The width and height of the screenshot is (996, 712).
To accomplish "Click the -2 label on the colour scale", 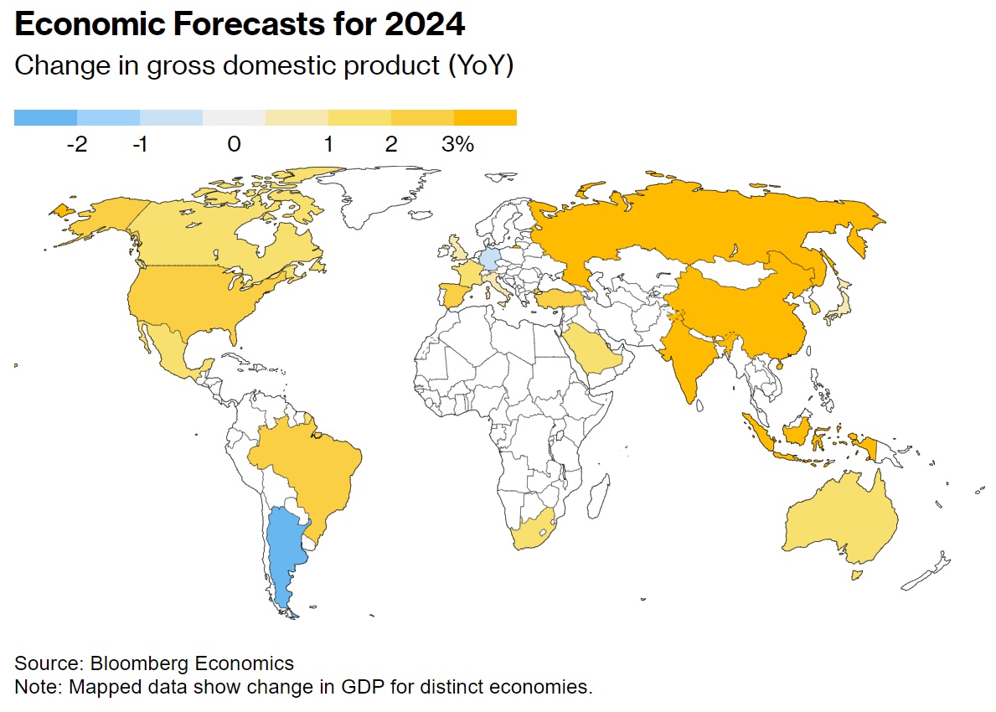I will pyautogui.click(x=76, y=145).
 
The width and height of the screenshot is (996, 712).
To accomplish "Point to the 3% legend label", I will pyautogui.click(x=457, y=145).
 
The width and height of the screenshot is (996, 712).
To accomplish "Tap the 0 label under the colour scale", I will pyautogui.click(x=234, y=145).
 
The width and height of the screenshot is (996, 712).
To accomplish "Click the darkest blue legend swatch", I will pyautogui.click(x=45, y=117).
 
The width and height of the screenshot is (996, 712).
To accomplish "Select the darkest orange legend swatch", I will pyautogui.click(x=485, y=117).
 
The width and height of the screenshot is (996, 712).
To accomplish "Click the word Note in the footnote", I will pyautogui.click(x=34, y=688).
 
